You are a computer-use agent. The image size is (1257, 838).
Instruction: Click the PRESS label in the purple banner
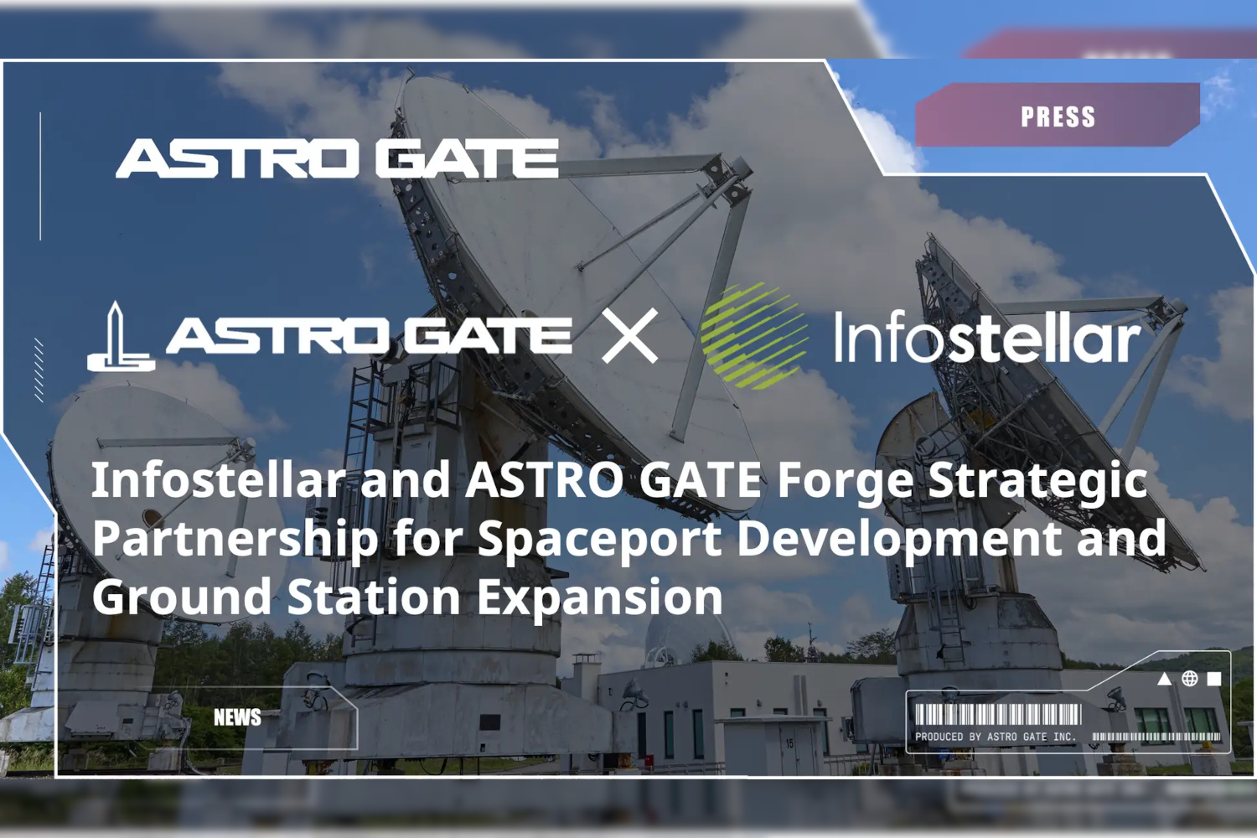[x=1058, y=116]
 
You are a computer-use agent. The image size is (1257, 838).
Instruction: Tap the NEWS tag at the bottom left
[x=237, y=717]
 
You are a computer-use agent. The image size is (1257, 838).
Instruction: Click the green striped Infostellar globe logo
[x=755, y=336]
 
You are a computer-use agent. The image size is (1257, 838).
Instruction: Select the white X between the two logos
[x=629, y=335]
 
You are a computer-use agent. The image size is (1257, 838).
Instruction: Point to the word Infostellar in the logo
[x=988, y=337]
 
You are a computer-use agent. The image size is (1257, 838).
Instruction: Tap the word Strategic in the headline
[x=1037, y=480]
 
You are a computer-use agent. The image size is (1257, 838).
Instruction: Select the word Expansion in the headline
[x=600, y=597]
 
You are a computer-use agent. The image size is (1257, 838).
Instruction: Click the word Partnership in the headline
[x=235, y=539]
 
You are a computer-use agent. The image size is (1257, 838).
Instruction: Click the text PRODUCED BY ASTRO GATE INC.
[x=996, y=737]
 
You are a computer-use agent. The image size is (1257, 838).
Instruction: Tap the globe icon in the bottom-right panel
[x=1189, y=679]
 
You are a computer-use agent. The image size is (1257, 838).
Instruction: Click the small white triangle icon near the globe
[x=1165, y=680]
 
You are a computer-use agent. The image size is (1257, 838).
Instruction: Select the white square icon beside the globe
[x=1214, y=679]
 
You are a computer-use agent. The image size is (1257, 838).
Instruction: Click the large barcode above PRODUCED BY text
[x=998, y=715]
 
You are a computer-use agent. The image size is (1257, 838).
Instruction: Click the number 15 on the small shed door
[x=789, y=743]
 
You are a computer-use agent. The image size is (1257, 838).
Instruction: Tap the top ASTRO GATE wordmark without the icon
[x=337, y=159]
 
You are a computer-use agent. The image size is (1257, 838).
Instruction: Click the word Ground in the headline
[x=183, y=597]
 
